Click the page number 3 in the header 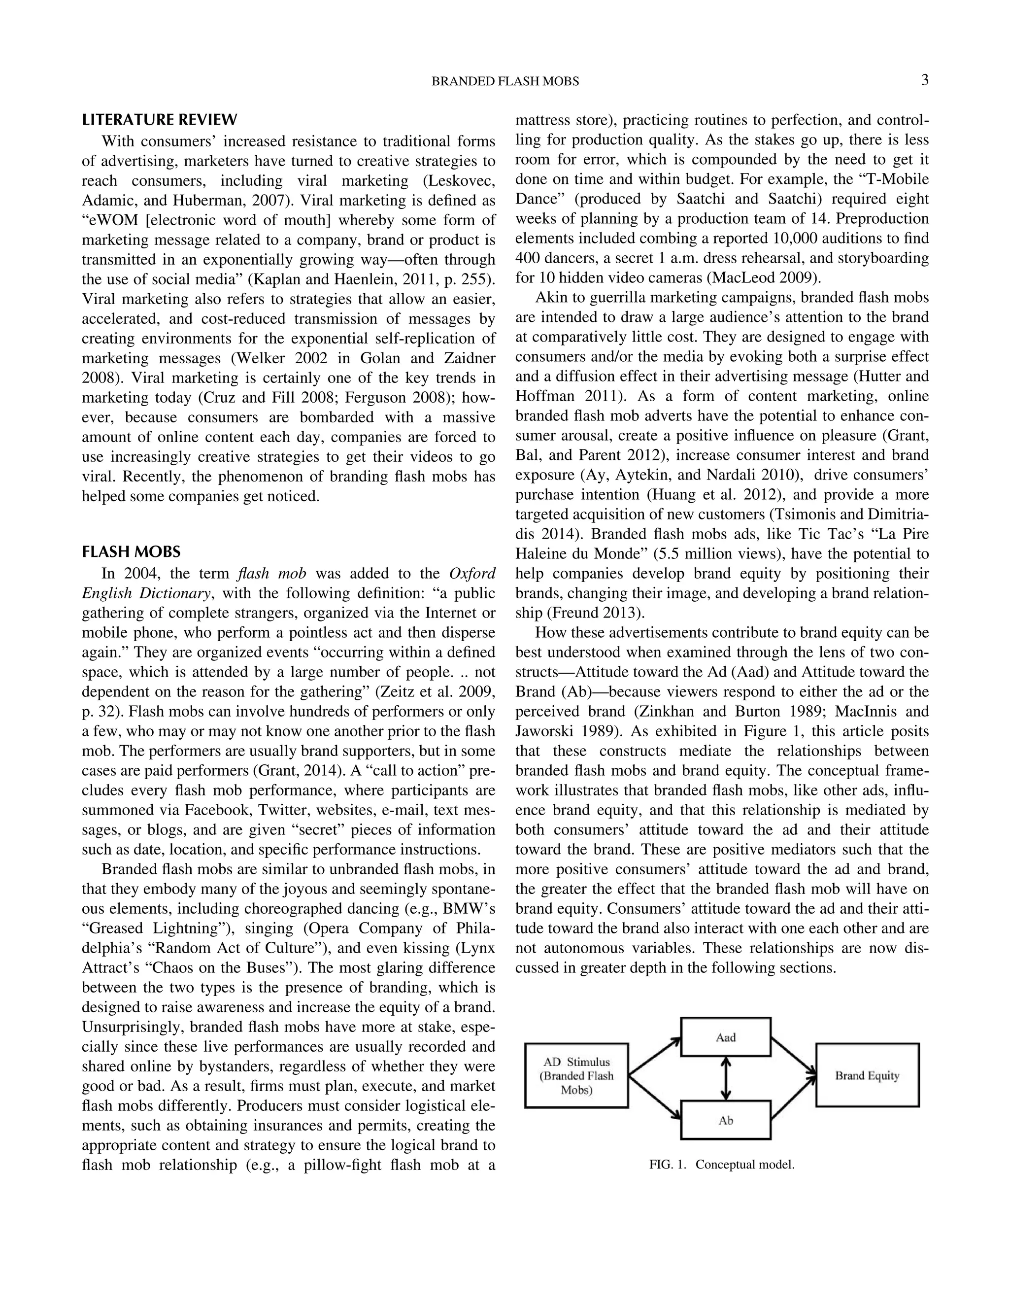pyautogui.click(x=924, y=80)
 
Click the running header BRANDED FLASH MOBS pyautogui.click(x=505, y=81)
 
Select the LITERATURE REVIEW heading pyautogui.click(x=160, y=120)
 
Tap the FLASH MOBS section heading pyautogui.click(x=131, y=551)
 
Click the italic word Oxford pyautogui.click(x=471, y=574)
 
